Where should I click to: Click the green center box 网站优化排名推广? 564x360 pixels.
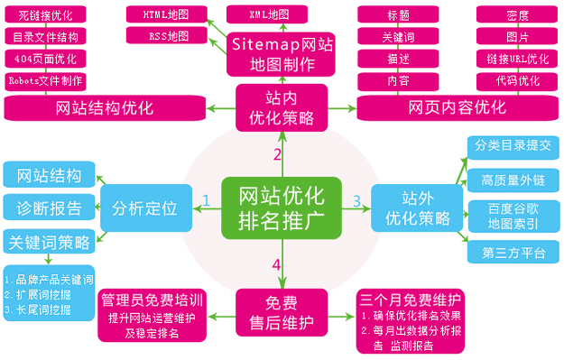tap(282, 208)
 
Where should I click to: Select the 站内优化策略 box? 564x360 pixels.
tap(281, 106)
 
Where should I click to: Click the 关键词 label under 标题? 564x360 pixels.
tap(398, 38)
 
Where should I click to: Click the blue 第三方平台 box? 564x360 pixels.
tap(513, 253)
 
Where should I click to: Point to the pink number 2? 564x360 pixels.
tap(277, 154)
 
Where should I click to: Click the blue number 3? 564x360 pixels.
tap(356, 200)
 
